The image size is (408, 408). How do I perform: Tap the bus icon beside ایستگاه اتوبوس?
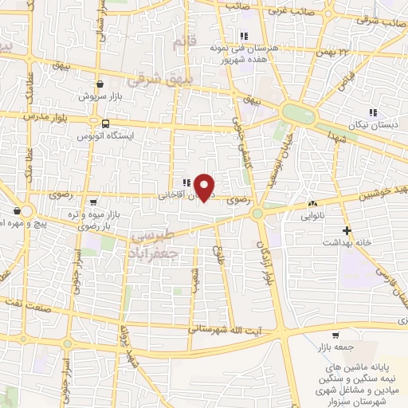coord(105,124)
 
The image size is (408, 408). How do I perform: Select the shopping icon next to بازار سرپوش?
coord(100,84)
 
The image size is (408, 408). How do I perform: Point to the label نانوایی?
coord(313,215)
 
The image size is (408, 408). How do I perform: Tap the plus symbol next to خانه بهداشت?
coord(346,230)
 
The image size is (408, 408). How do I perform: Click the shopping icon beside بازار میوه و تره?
coord(94,202)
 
